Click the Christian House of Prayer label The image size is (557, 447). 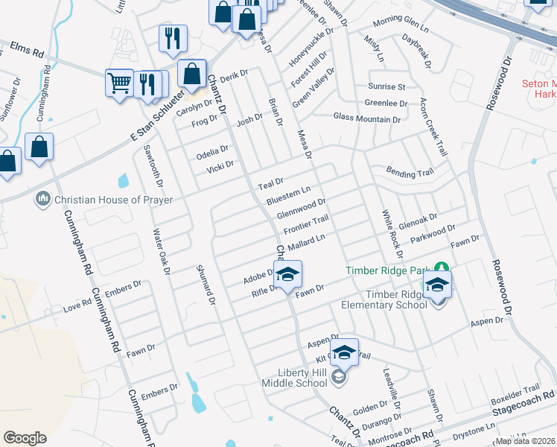[x=114, y=200]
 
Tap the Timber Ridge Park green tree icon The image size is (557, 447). [x=442, y=266]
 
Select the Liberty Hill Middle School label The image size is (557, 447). [x=295, y=377]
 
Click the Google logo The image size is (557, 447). [x=25, y=438]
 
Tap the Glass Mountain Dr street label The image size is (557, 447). [x=367, y=118]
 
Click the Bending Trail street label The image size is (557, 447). [x=410, y=173]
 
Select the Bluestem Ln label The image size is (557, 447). [x=288, y=197]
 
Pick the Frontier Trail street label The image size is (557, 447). [x=306, y=223]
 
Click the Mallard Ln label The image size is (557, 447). [x=307, y=241]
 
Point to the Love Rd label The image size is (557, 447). [x=77, y=305]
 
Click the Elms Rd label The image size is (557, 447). [x=28, y=51]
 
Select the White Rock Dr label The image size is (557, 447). [x=392, y=233]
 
